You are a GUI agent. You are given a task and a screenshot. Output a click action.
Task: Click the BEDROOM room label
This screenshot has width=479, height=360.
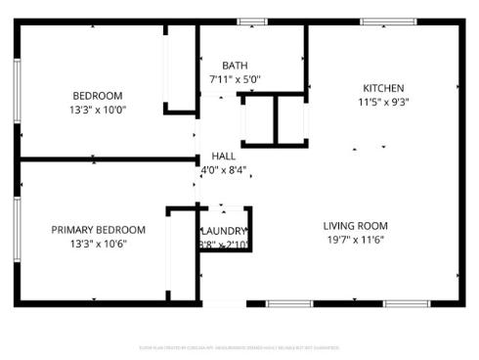pos(98,95)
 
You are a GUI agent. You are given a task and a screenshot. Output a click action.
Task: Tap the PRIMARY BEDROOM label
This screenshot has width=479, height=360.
pos(98,230)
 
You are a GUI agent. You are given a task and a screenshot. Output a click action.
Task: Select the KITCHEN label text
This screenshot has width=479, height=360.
pos(383,87)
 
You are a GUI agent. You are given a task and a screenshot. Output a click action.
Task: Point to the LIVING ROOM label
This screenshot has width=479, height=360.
pos(356,226)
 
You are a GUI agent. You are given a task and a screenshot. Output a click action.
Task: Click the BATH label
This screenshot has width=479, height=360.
pos(235,66)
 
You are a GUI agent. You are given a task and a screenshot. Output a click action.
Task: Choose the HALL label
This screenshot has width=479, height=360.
pos(223,156)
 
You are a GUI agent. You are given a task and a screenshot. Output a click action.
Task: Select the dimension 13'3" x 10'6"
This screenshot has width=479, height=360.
pos(98,244)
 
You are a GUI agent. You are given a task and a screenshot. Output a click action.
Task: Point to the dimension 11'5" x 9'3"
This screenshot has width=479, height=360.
pos(383,101)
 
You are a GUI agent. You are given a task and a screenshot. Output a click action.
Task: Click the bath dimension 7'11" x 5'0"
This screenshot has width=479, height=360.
pos(235,79)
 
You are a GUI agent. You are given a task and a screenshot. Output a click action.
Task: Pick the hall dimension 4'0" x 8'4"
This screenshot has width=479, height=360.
pos(223,169)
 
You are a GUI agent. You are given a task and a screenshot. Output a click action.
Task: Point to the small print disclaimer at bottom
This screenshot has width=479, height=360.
pos(239,345)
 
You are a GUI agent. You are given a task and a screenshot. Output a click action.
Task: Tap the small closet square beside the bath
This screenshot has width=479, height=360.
pos(260,119)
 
